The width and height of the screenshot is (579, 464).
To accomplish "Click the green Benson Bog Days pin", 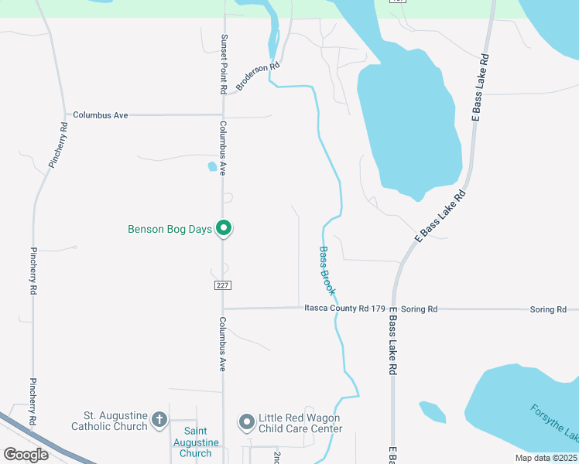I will click(x=224, y=228).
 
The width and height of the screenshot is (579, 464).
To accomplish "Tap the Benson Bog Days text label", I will click(x=170, y=229).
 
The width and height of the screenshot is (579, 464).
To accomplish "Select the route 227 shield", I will click(x=222, y=285).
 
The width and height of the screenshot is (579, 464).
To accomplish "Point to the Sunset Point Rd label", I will click(x=223, y=64).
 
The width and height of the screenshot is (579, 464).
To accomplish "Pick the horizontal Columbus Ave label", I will click(x=100, y=114).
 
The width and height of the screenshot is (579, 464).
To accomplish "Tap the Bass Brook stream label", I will click(x=327, y=271).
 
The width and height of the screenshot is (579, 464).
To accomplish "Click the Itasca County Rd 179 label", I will click(x=344, y=309).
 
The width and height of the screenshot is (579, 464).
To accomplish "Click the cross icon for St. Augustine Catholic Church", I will click(x=159, y=421).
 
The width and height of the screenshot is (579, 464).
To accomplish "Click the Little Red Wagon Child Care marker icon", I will click(x=247, y=421).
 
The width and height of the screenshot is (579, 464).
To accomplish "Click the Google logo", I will click(x=26, y=454).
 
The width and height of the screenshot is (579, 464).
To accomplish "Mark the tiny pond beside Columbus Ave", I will click(x=213, y=165).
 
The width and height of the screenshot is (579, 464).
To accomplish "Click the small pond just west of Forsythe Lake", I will click(x=433, y=412).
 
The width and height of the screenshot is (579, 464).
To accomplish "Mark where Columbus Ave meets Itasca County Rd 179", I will click(x=223, y=309).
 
